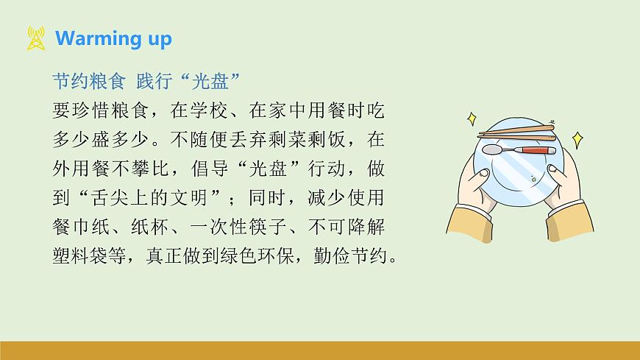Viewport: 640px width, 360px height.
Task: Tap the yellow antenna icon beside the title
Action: pyautogui.click(x=35, y=38)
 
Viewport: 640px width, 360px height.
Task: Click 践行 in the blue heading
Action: pyautogui.click(x=157, y=80)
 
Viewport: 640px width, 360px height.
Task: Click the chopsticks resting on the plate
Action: pyautogui.click(x=515, y=133)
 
